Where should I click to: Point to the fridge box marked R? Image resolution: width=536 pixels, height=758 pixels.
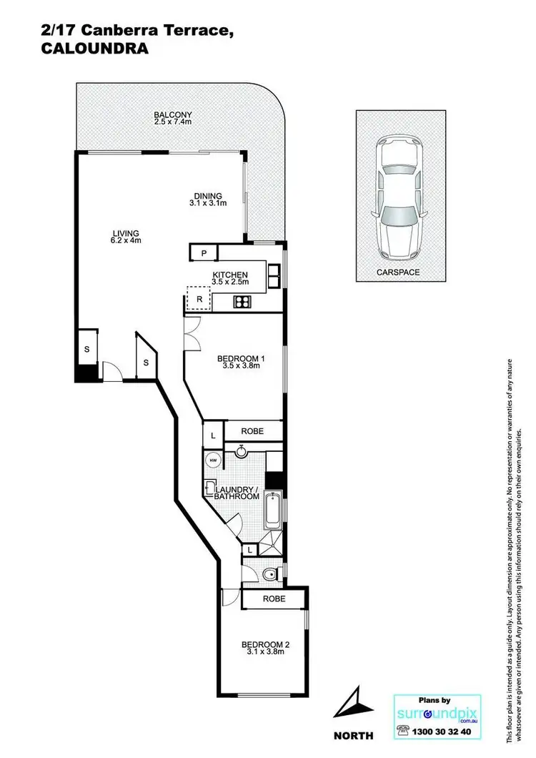(x=199, y=298)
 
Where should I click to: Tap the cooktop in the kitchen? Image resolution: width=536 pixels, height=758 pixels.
(x=242, y=302)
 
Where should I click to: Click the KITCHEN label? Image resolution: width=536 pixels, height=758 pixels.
(x=230, y=275)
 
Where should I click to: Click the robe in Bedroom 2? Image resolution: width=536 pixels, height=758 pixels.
(x=274, y=599)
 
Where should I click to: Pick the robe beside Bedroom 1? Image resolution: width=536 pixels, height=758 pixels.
(x=252, y=431)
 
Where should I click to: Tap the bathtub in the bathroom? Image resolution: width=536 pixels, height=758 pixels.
(x=272, y=509)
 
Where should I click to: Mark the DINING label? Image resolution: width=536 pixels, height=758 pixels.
(x=208, y=196)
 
